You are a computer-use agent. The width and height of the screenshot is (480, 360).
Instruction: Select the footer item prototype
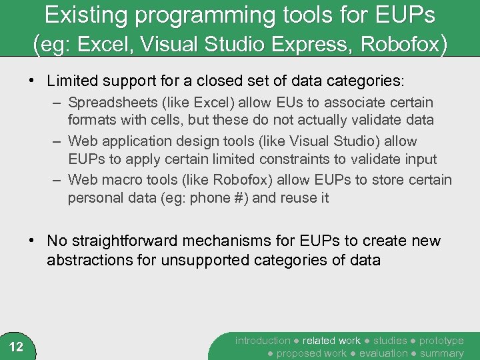441,341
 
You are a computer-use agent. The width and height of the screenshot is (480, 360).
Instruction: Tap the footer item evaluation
384,353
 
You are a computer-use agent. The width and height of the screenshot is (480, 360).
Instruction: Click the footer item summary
441,353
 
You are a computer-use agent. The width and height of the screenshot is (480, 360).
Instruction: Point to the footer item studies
389,341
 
